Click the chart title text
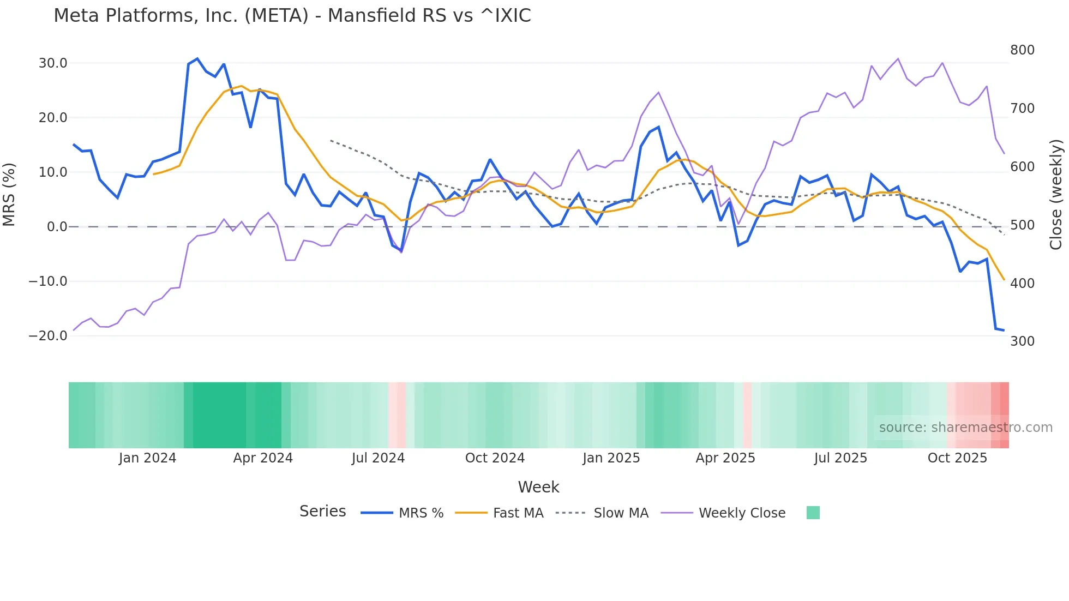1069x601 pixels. (292, 16)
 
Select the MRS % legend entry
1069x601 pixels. (403, 513)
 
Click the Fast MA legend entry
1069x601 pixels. (500, 513)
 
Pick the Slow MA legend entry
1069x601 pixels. (602, 513)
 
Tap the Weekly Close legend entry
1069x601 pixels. (724, 513)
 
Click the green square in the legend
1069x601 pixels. (813, 513)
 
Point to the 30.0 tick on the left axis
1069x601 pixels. (53, 63)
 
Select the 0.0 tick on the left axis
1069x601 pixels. (57, 227)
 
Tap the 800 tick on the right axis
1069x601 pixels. (1022, 50)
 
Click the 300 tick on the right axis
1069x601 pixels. (1022, 341)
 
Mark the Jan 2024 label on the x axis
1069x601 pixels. (147, 458)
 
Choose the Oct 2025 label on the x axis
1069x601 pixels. (957, 458)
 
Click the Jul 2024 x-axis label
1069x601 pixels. (378, 458)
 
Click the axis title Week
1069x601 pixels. (538, 487)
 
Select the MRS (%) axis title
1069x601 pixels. (9, 195)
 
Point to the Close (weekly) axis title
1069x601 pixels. (1056, 195)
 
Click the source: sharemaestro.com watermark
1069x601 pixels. (965, 428)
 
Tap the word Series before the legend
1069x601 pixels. (322, 512)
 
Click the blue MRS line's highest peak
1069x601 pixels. (197, 59)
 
